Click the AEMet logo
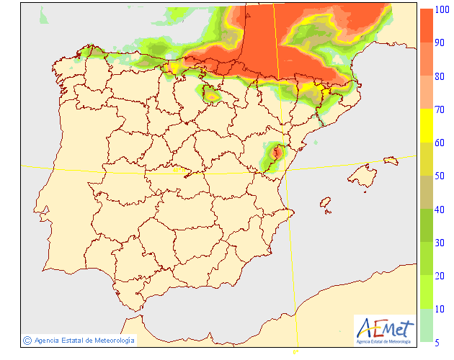(x=385, y=328)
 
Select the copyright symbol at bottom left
(x=27, y=340)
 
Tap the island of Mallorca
(x=362, y=174)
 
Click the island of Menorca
(x=392, y=160)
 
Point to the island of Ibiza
(x=326, y=204)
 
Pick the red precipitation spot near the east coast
(x=275, y=153)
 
